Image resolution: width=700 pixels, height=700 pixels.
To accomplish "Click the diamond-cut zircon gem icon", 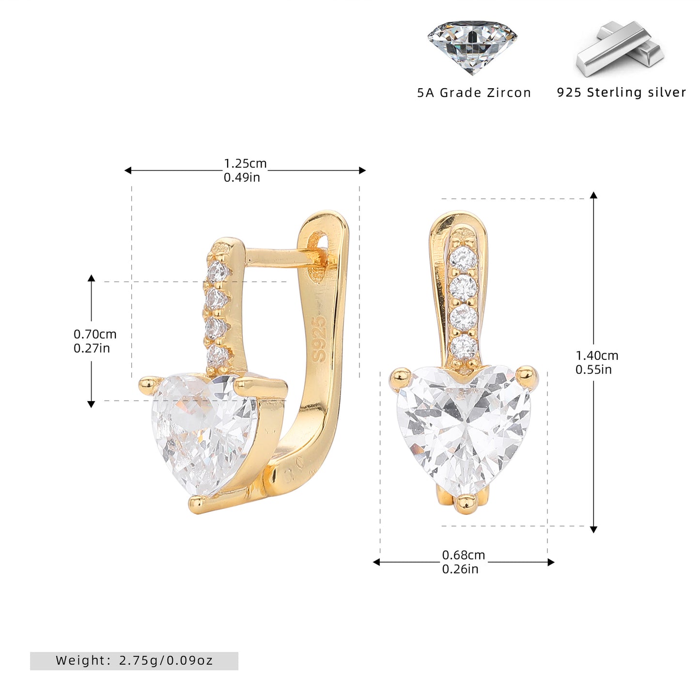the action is pos(472,47).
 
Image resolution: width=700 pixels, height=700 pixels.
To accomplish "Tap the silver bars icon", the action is pos(620,48).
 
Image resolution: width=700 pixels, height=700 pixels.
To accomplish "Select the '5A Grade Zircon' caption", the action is pos(474,93).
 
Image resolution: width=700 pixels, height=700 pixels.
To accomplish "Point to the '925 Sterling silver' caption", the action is pos(621,92).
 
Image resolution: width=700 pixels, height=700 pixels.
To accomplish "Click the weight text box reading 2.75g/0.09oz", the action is pos(134,660).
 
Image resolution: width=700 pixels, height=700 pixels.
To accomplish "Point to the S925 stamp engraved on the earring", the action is pos(320,338).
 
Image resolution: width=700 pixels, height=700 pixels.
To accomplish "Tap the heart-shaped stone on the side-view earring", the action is pos(204,435).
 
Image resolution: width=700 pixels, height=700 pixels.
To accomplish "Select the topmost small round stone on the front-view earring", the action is pos(463,259).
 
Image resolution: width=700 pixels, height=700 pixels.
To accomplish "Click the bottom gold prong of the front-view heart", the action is pos(466,504).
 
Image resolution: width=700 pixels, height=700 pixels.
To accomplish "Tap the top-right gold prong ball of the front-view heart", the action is pos(527,376).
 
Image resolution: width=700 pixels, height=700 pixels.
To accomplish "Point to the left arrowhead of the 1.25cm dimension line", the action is pos(127,171).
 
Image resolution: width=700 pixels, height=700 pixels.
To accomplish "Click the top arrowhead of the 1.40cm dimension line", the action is pos(593,195).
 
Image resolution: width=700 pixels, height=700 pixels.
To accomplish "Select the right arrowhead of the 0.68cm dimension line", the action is pos(551,562).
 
